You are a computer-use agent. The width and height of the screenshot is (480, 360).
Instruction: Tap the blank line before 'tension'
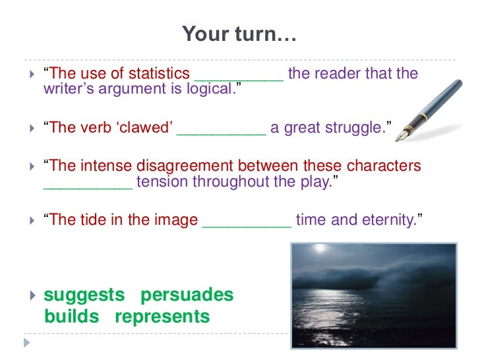(x=88, y=183)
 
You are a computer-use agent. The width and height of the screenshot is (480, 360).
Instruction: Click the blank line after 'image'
(x=247, y=222)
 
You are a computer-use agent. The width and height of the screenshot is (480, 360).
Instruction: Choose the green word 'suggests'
(x=84, y=295)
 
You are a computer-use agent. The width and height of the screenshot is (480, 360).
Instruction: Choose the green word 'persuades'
(x=187, y=295)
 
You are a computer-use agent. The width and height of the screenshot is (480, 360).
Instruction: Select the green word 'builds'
(x=71, y=316)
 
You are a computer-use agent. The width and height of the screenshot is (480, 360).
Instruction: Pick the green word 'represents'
(x=162, y=316)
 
